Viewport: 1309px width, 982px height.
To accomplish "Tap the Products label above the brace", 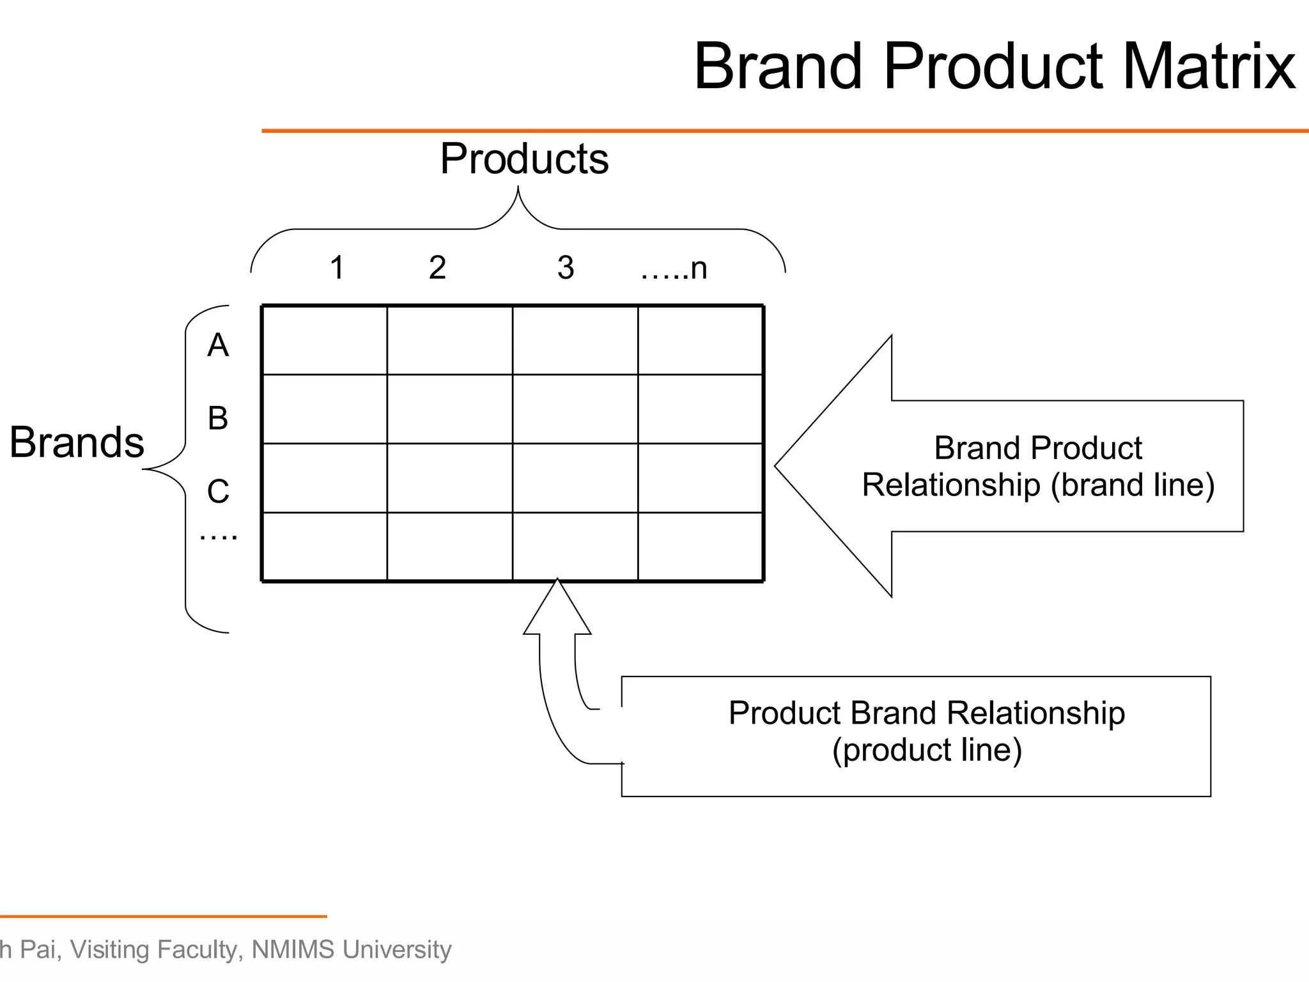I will click(x=524, y=159).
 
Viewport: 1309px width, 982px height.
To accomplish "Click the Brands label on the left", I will click(x=77, y=442).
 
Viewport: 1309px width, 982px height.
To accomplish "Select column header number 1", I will click(x=337, y=267).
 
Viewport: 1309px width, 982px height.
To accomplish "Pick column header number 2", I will click(x=437, y=267).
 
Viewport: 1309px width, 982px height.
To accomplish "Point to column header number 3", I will click(x=566, y=267).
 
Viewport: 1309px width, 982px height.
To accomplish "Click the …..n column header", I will click(x=674, y=269).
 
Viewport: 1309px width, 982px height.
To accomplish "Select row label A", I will click(x=218, y=345).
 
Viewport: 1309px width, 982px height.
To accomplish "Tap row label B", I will click(x=218, y=418).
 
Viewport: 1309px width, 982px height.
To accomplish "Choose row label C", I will click(x=218, y=492).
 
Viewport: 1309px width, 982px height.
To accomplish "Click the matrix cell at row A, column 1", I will click(x=325, y=341).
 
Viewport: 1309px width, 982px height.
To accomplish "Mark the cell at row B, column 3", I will click(x=575, y=409).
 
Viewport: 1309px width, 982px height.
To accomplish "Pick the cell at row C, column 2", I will click(x=450, y=478).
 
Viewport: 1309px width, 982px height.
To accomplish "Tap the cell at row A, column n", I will click(x=701, y=341).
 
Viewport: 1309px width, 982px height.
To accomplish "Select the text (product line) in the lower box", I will click(x=927, y=750).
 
